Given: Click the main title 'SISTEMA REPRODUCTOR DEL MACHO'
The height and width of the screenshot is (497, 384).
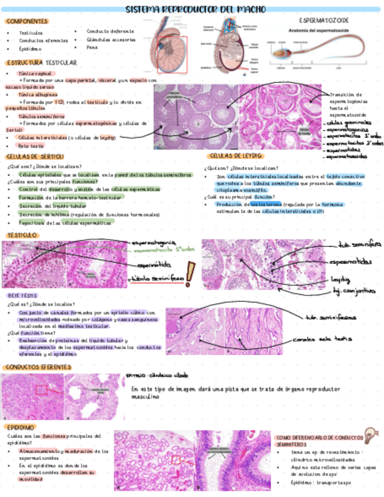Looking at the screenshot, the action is click(x=196, y=9).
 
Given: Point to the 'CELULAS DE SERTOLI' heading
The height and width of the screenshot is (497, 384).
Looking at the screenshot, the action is click(x=35, y=156).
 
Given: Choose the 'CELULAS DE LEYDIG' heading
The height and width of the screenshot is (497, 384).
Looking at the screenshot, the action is click(x=235, y=156).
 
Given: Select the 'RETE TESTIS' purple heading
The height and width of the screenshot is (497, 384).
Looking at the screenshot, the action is click(x=22, y=296).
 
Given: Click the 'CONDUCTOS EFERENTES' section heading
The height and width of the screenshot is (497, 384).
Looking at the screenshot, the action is click(x=37, y=367).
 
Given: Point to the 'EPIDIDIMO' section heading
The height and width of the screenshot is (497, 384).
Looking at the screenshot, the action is click(x=20, y=427).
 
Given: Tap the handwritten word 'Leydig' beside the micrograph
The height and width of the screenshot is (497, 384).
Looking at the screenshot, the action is click(x=340, y=278).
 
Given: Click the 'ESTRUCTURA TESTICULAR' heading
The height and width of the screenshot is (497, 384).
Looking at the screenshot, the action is click(x=41, y=62).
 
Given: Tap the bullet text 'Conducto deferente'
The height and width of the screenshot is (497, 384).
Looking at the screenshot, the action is click(x=110, y=31).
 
